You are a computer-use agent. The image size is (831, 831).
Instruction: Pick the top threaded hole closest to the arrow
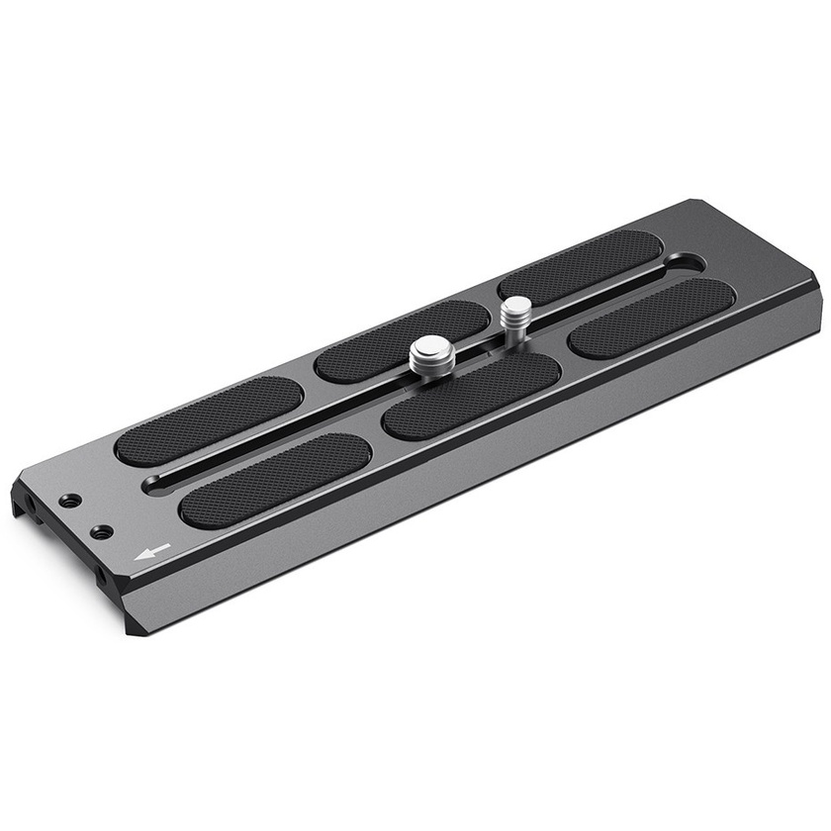[x=100, y=532]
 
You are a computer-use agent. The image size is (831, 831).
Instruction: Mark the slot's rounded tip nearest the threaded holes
[x=158, y=482]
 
